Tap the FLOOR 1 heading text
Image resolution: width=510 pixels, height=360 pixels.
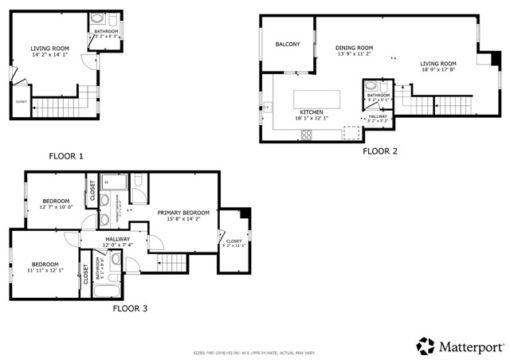pos(65,156)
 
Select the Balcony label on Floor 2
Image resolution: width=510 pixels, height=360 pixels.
pos(288,45)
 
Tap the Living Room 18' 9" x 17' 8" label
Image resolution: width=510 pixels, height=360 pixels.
pos(438,67)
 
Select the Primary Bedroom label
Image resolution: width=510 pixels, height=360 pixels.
pos(182,216)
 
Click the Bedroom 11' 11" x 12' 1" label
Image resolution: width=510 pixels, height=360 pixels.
pos(45,267)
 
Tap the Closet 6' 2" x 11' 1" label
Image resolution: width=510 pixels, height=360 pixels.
pos(233,243)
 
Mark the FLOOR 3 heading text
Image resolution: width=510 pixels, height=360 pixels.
pos(129,308)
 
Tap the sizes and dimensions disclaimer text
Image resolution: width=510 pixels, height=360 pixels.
pos(254,353)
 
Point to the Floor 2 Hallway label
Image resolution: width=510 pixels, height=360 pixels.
pos(378,118)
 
